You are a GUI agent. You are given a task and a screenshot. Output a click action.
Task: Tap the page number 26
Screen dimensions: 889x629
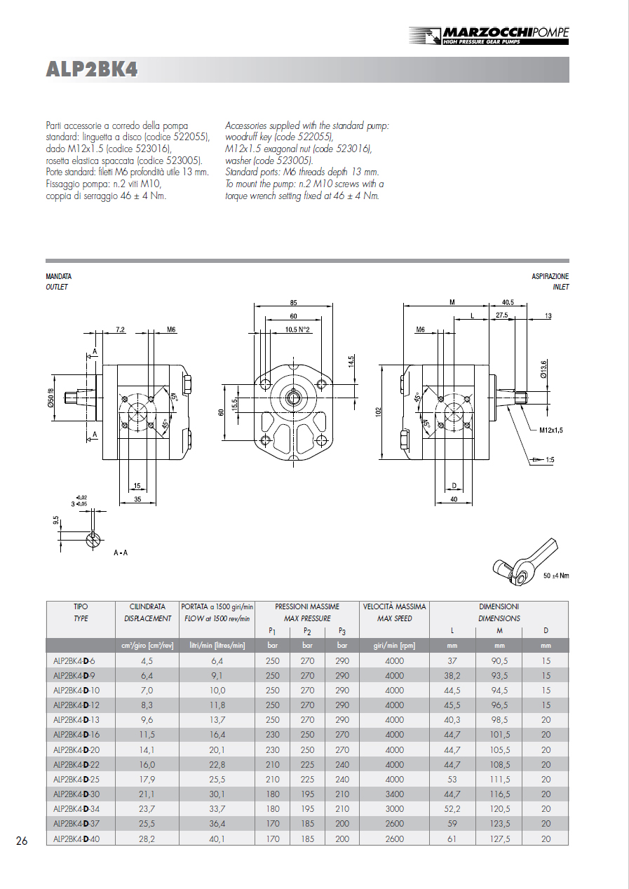tap(22, 841)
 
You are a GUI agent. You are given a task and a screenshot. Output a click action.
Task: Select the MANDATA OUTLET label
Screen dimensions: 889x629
tap(58, 282)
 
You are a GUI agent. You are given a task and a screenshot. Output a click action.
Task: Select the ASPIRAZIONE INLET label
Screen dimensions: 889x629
tap(550, 282)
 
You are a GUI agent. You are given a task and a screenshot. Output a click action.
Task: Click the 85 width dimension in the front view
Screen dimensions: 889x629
tap(292, 303)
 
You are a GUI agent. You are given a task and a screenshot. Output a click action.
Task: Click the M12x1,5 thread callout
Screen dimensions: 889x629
tap(551, 430)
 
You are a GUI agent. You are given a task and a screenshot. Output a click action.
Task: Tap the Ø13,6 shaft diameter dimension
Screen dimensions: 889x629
tap(543, 368)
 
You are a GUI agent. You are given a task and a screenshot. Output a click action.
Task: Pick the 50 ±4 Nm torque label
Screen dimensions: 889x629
tap(556, 576)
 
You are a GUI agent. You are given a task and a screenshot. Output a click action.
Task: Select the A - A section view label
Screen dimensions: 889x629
tap(121, 553)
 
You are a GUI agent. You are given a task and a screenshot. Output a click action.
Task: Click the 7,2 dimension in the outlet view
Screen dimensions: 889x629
tap(120, 329)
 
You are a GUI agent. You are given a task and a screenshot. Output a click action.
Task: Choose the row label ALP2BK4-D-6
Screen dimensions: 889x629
tap(74, 661)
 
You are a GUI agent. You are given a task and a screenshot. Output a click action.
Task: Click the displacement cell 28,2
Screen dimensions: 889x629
tap(147, 839)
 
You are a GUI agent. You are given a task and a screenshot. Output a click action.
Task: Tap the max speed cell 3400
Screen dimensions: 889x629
tap(394, 794)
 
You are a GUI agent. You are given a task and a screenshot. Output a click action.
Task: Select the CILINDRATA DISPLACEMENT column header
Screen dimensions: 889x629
tap(147, 612)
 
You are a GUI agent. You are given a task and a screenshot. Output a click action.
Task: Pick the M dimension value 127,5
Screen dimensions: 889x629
tap(499, 839)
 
